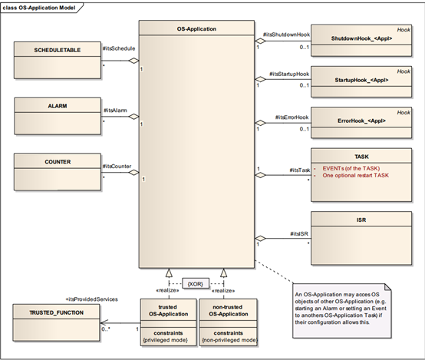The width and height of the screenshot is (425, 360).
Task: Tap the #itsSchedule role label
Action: (x=118, y=48)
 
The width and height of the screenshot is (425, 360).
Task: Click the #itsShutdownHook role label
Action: (x=285, y=35)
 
